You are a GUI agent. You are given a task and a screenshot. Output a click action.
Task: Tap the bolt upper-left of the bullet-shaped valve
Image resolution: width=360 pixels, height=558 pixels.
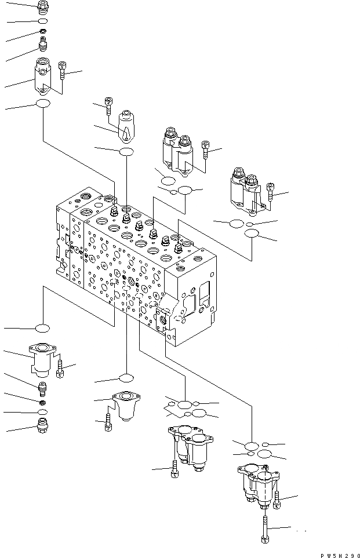pyautogui.click(x=108, y=104)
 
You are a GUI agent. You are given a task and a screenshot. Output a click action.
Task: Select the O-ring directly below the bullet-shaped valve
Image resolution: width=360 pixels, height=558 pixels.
pyautogui.click(x=126, y=152)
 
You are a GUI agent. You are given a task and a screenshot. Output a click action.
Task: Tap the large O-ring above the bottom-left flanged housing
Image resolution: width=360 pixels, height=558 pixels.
pyautogui.click(x=43, y=329)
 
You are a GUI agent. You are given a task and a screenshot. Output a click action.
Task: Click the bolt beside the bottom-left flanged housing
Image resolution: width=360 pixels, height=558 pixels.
pyautogui.click(x=60, y=368)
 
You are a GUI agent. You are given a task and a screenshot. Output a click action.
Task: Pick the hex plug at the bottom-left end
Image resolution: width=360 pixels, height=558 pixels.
pyautogui.click(x=42, y=431)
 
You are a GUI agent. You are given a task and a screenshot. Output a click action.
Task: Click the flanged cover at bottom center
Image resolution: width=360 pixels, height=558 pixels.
pyautogui.click(x=123, y=407)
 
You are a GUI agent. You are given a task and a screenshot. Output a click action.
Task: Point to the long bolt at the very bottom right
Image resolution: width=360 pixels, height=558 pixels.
pyautogui.click(x=264, y=530)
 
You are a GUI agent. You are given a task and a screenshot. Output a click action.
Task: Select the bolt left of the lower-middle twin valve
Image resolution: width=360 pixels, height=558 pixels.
pyautogui.click(x=174, y=471)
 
